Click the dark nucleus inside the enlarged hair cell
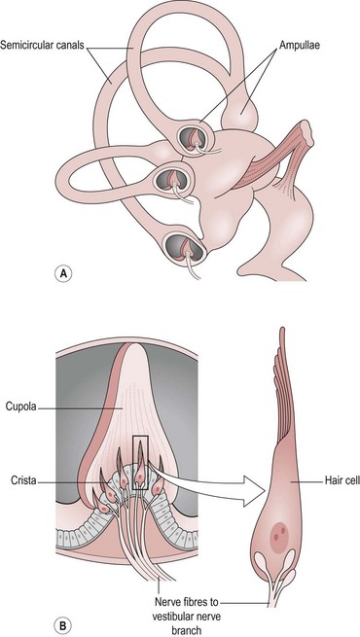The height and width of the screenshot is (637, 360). pyautogui.click(x=281, y=533)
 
